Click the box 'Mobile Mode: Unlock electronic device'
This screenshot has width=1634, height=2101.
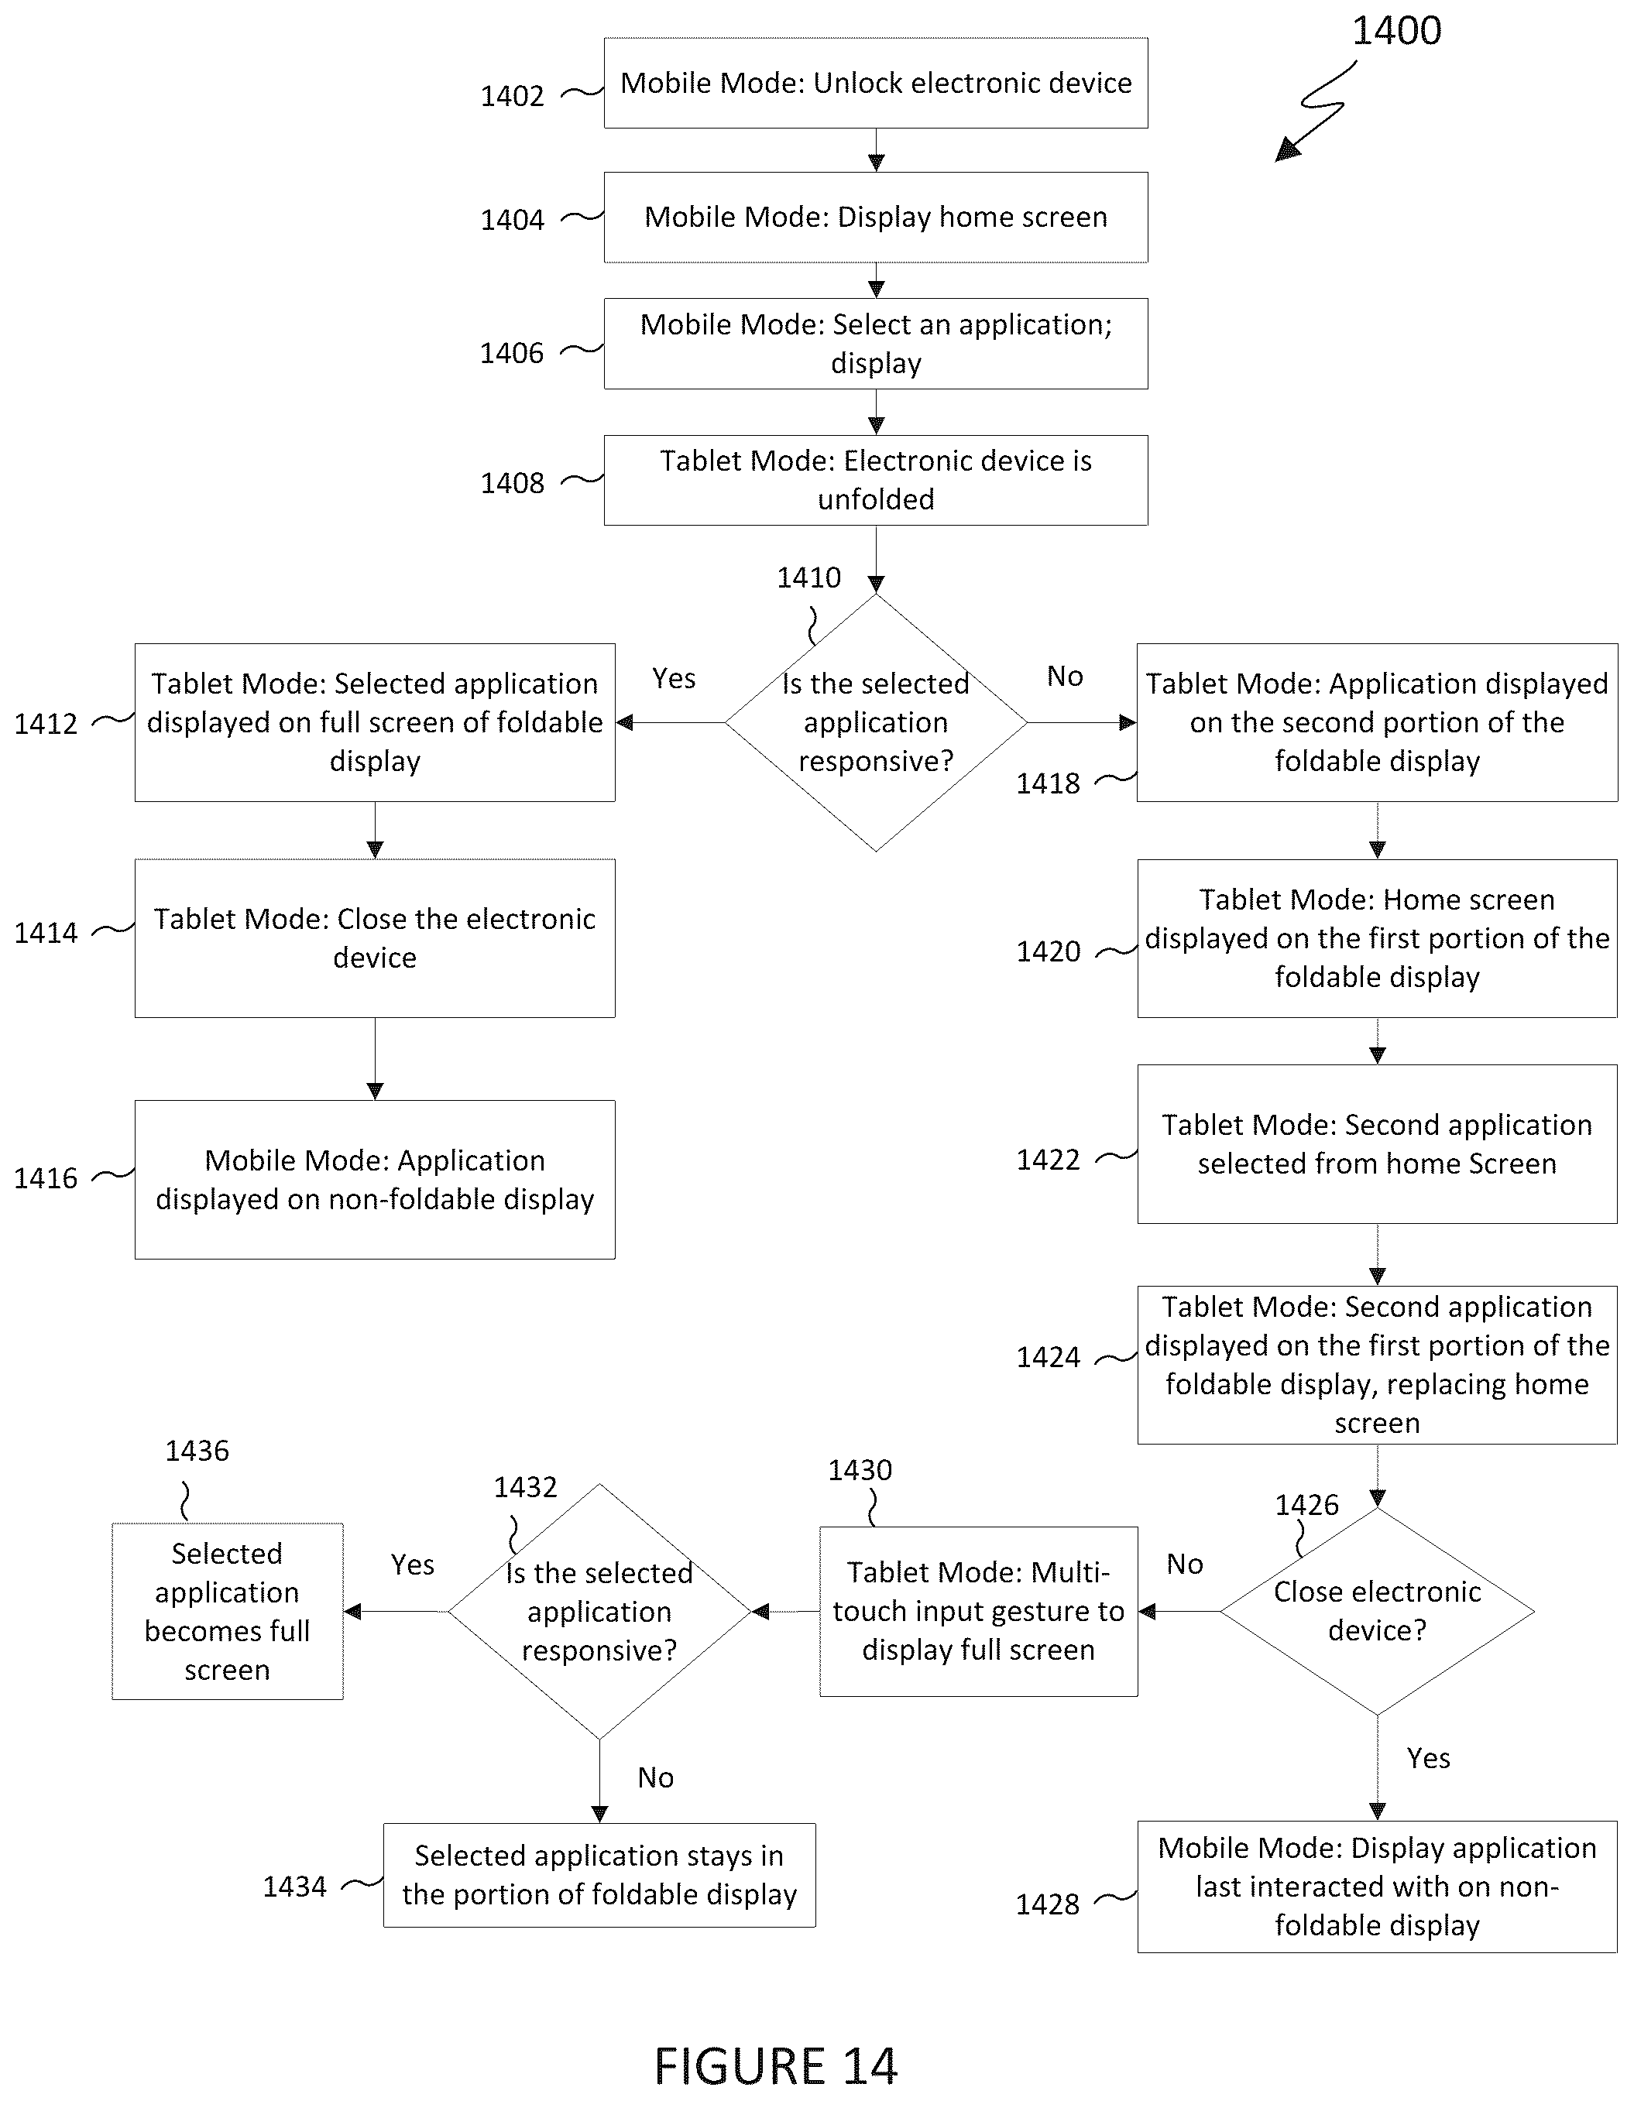(876, 83)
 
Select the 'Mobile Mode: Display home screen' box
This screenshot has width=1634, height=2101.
(876, 218)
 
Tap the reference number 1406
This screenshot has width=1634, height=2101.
(512, 353)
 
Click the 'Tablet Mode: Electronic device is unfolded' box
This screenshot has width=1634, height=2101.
(876, 480)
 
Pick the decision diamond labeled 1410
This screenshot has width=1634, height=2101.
(876, 722)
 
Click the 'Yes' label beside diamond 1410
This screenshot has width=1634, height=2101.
(674, 678)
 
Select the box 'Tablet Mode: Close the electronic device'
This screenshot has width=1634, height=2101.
(376, 938)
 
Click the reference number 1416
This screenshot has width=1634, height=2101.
(45, 1177)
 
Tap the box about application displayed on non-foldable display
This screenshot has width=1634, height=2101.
(376, 1180)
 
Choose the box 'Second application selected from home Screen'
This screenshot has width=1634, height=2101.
(1377, 1144)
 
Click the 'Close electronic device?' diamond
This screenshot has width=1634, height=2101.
(1377, 1611)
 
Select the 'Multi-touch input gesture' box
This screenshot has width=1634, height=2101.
(979, 1611)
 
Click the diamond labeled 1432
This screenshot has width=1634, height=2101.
(599, 1611)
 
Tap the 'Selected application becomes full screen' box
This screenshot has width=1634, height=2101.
(227, 1611)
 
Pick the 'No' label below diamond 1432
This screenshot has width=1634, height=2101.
(655, 1777)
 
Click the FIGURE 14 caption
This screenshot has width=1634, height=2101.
(776, 2065)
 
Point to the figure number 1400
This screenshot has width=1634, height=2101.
(1396, 31)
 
